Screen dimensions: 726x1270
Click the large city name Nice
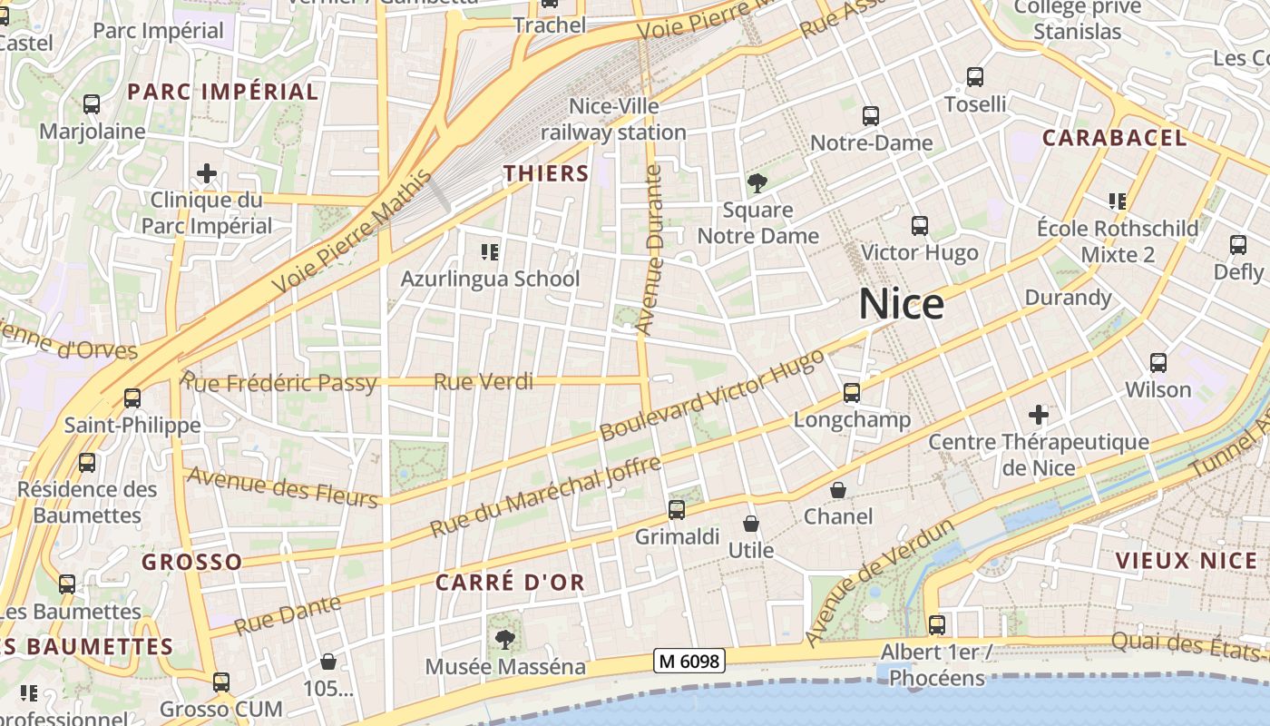[902, 304]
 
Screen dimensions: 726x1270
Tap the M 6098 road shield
[689, 662]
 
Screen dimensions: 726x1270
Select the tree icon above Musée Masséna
[505, 640]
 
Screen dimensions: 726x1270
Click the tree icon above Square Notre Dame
[757, 183]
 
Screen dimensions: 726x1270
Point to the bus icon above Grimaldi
[677, 510]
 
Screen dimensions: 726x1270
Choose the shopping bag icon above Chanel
[838, 490]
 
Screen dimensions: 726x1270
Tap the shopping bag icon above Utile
[751, 524]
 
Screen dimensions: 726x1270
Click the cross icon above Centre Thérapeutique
[1039, 416]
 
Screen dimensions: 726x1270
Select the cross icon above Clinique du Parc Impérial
[207, 172]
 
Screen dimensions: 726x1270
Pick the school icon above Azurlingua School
[490, 251]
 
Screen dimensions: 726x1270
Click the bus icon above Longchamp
[851, 393]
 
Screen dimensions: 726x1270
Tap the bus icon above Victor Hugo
[920, 226]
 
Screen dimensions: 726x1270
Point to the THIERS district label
[546, 173]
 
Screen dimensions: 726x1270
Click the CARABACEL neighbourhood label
[1114, 138]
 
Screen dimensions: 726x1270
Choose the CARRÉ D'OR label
[511, 583]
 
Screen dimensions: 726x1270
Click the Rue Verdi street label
[484, 381]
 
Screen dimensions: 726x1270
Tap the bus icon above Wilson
[1158, 363]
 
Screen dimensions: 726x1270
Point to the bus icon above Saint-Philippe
[132, 397]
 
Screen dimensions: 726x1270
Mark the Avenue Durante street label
[650, 249]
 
